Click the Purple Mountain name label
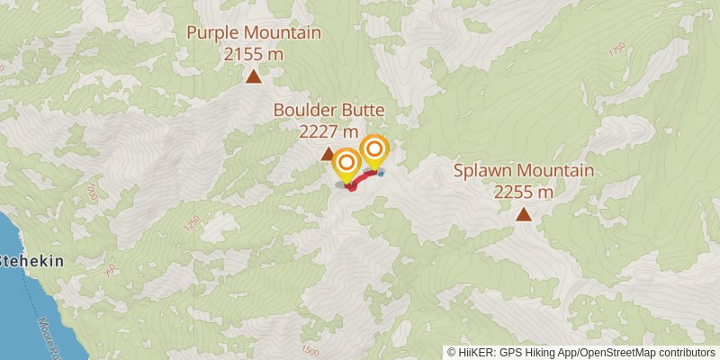(x=254, y=33)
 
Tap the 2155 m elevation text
(x=254, y=53)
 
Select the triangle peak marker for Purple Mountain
(x=254, y=77)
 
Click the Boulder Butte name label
(x=329, y=111)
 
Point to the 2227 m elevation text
(x=329, y=130)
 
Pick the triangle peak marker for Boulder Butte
(x=328, y=154)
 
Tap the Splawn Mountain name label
(x=523, y=170)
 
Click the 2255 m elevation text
(x=523, y=191)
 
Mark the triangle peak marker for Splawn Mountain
(x=523, y=214)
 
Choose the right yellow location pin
(x=374, y=149)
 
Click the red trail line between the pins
(x=362, y=179)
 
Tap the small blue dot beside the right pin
(x=382, y=173)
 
